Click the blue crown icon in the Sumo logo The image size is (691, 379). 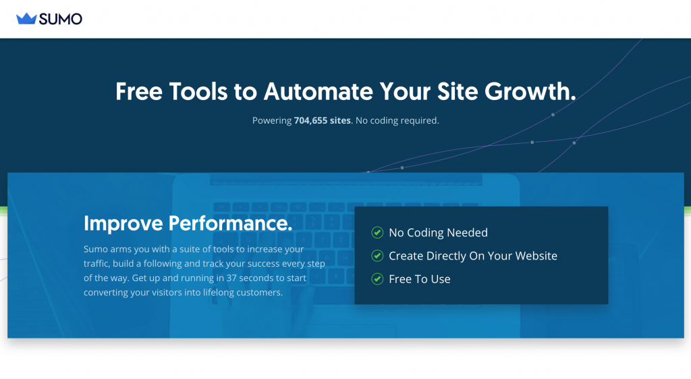coord(26,18)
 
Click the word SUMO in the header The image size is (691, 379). coord(60,19)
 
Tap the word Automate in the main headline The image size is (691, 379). coord(319,91)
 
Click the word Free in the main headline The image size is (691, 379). coord(139,91)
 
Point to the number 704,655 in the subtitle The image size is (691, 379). coord(310,120)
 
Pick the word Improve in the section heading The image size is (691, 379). coord(123,223)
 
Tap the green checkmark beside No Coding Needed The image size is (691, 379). coord(377,232)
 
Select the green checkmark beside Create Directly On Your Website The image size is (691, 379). coord(377,255)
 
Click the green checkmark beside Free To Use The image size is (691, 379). coord(377,279)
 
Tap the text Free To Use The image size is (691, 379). coord(420,279)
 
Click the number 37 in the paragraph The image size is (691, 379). coord(231,278)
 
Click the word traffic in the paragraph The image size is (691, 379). coord(96,264)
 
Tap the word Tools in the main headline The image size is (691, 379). coord(198,91)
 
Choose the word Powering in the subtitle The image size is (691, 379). coord(272,121)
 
